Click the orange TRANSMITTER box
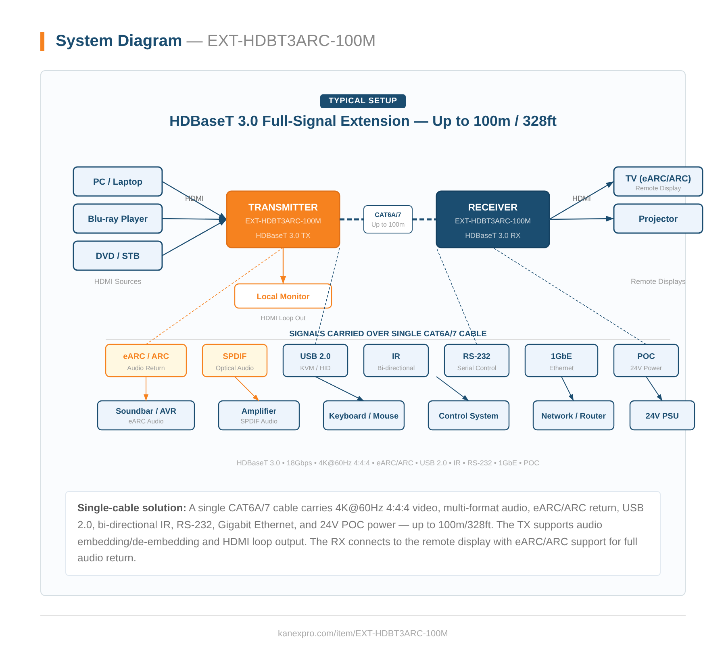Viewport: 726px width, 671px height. (x=283, y=219)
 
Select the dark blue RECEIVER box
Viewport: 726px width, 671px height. (x=492, y=219)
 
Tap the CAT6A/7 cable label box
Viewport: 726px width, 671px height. (x=388, y=219)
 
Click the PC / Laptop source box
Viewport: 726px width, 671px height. (x=117, y=181)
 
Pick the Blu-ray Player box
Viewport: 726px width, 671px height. (x=117, y=219)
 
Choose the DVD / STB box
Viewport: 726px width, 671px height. (x=117, y=256)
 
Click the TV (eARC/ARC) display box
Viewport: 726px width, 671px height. (x=658, y=181)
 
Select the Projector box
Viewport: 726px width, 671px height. (x=658, y=219)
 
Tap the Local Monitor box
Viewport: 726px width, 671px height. (x=283, y=296)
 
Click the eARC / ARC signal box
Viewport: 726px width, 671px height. (x=146, y=361)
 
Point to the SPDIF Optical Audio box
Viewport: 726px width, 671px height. (x=234, y=361)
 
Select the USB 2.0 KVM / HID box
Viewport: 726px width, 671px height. (x=315, y=361)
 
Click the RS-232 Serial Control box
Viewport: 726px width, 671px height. (x=476, y=361)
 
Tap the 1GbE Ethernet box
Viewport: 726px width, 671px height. (x=561, y=361)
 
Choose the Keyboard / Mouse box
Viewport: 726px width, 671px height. (x=363, y=415)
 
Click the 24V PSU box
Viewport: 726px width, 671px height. (x=662, y=415)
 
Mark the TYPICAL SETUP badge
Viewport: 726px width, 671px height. (x=363, y=101)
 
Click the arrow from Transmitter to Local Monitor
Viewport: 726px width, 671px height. (x=283, y=266)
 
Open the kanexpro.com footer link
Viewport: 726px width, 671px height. (x=363, y=633)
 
